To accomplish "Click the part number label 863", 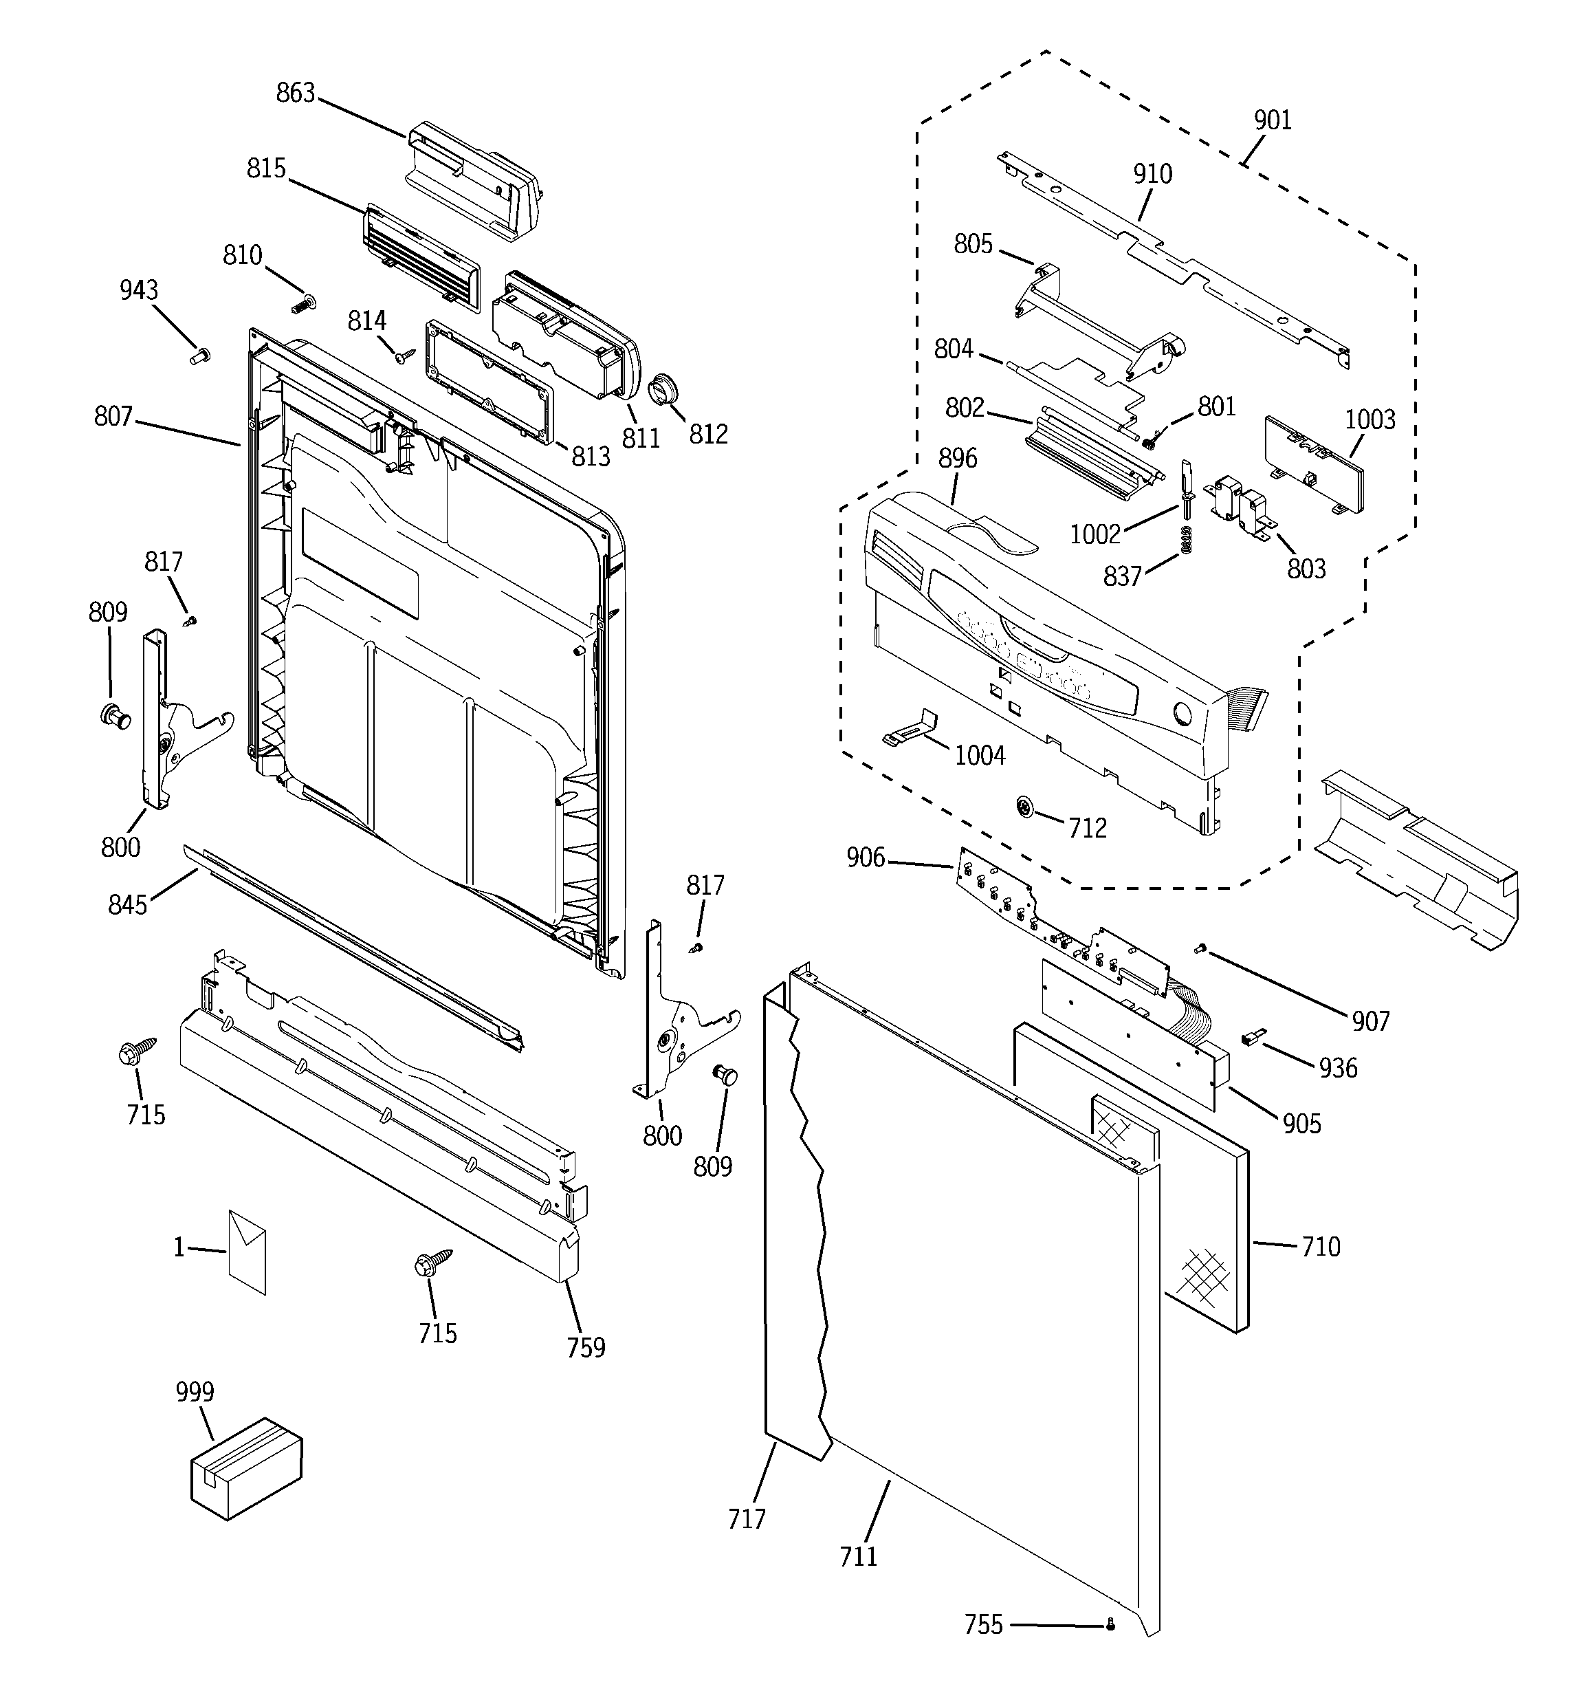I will pyautogui.click(x=296, y=92).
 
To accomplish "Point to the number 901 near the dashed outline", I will pyautogui.click(x=1273, y=121).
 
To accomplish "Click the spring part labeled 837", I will pyautogui.click(x=1186, y=539).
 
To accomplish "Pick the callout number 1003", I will pyautogui.click(x=1369, y=419).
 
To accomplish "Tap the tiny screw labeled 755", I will pyautogui.click(x=1110, y=1624).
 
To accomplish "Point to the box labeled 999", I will pyautogui.click(x=245, y=1468).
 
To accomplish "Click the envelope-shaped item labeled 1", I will pyautogui.click(x=247, y=1252).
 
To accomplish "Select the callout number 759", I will pyautogui.click(x=586, y=1349).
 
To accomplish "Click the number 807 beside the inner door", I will pyautogui.click(x=113, y=417).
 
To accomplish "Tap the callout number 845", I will pyautogui.click(x=128, y=904).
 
